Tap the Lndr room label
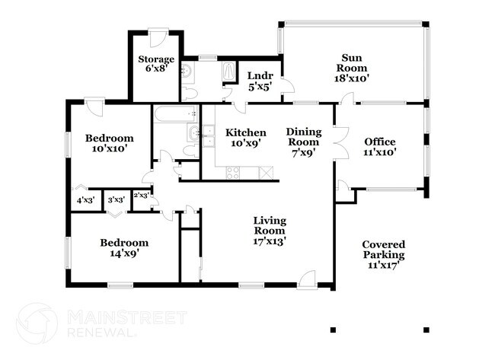pyautogui.click(x=255, y=81)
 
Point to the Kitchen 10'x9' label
pyautogui.click(x=246, y=137)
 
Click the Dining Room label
pyautogui.click(x=303, y=142)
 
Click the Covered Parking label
pyautogui.click(x=383, y=254)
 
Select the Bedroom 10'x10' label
pyautogui.click(x=109, y=143)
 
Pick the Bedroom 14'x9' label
pyautogui.click(x=124, y=248)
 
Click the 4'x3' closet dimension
pyautogui.click(x=85, y=200)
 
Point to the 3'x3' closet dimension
pyautogui.click(x=116, y=200)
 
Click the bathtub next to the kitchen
pyautogui.click(x=174, y=114)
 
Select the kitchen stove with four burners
pyautogui.click(x=231, y=172)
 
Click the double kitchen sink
pyautogui.click(x=205, y=135)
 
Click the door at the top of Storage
pyautogui.click(x=158, y=37)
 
